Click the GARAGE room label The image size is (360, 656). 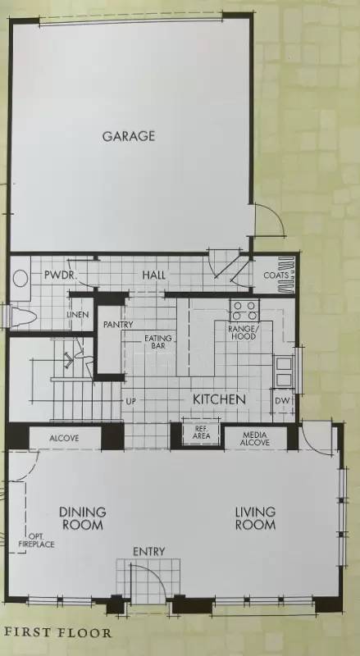click(x=128, y=136)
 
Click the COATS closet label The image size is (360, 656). click(x=276, y=276)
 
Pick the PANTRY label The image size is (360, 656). click(x=118, y=325)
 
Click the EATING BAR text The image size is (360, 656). click(x=157, y=342)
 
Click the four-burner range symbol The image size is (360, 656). click(x=244, y=311)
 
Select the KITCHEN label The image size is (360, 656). click(x=219, y=399)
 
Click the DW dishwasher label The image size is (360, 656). click(x=282, y=400)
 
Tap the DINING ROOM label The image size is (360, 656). click(x=82, y=518)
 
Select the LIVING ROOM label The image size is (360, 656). click(x=255, y=518)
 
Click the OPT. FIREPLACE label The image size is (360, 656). click(x=40, y=539)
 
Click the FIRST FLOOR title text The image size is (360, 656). click(x=57, y=633)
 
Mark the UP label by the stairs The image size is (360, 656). click(x=130, y=402)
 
